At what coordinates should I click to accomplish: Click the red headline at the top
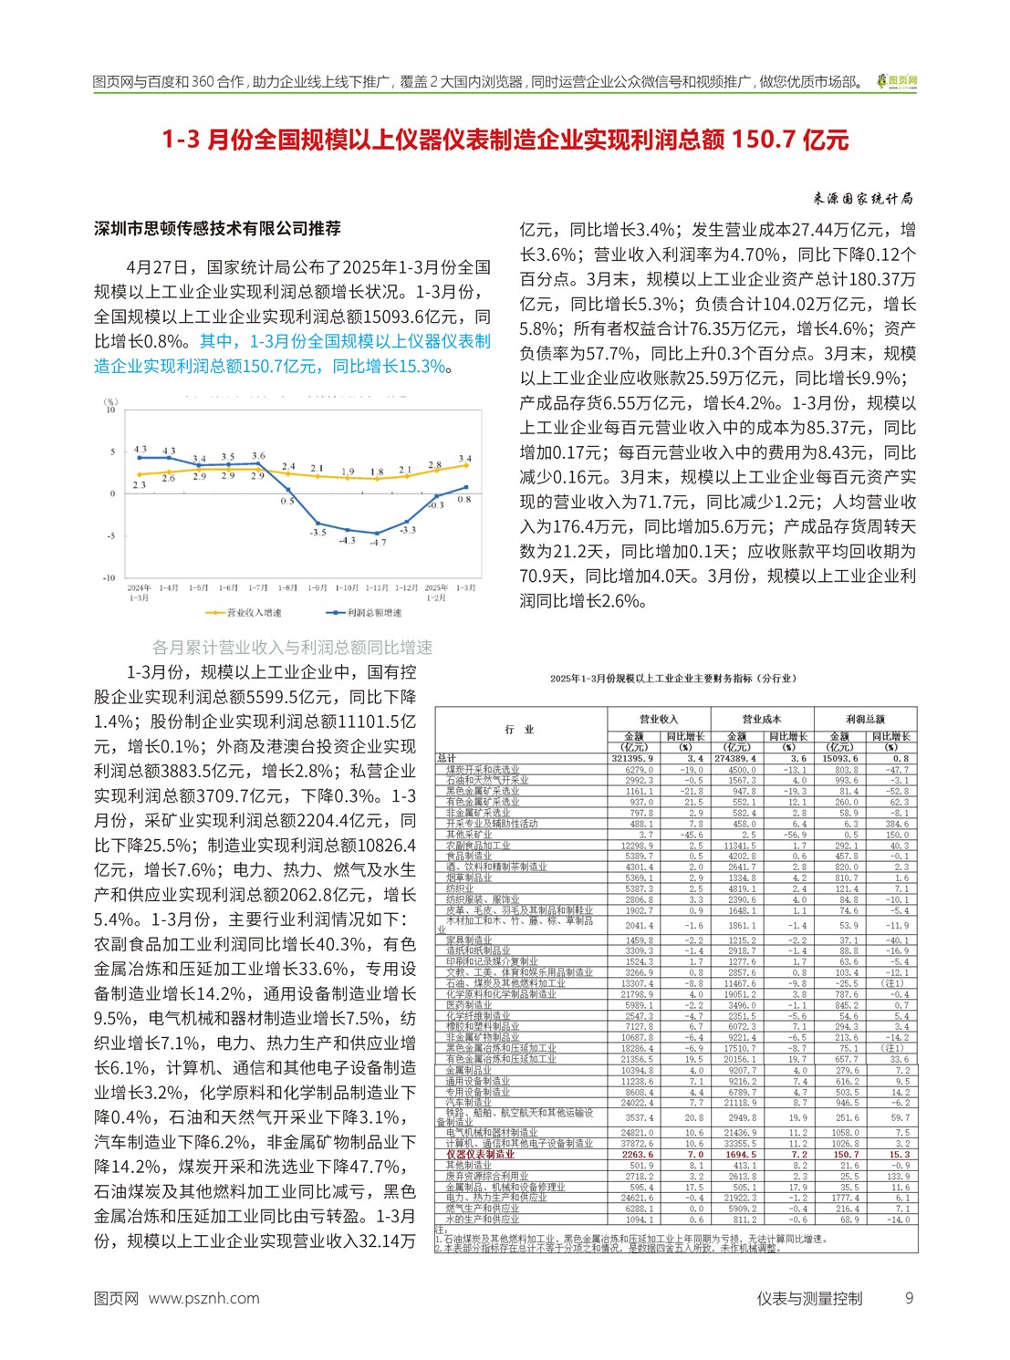(505, 140)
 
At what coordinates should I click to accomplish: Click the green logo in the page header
(897, 82)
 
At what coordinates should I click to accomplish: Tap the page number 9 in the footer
(909, 1298)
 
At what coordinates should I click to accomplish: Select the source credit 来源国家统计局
(862, 199)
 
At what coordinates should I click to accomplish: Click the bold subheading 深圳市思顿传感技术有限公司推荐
(217, 228)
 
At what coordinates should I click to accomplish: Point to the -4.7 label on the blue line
(377, 543)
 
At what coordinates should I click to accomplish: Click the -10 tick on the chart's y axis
(109, 577)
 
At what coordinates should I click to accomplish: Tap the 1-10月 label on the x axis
(347, 588)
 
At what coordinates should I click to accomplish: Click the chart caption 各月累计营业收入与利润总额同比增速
(292, 647)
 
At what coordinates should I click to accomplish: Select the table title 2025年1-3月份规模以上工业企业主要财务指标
(672, 679)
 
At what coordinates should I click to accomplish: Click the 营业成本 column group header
(761, 719)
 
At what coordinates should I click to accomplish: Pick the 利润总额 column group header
(865, 719)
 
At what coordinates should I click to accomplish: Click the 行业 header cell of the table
(520, 730)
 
